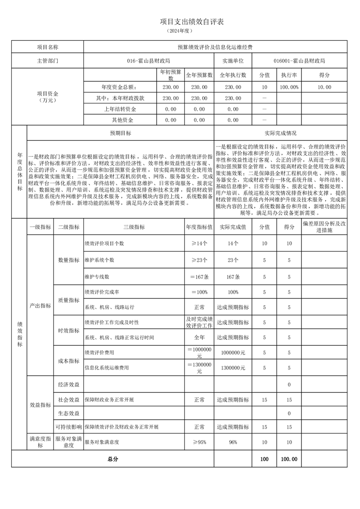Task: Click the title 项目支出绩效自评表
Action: pyautogui.click(x=180, y=21)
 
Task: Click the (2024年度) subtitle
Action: pyautogui.click(x=180, y=31)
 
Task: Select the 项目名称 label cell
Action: pyautogui.click(x=47, y=47)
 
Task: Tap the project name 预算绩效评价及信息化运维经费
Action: pyautogui.click(x=215, y=47)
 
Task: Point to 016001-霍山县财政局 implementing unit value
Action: pyautogui.click(x=299, y=60)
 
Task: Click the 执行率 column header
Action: pyautogui.click(x=289, y=75)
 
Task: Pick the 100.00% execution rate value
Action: pyautogui.click(x=289, y=87)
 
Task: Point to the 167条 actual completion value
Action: pyautogui.click(x=233, y=276)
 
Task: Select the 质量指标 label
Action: pyautogui.click(x=69, y=300)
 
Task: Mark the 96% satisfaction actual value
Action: pyautogui.click(x=233, y=442)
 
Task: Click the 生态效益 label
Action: pyautogui.click(x=69, y=413)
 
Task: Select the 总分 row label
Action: pyautogui.click(x=113, y=459)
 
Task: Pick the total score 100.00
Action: pyautogui.click(x=289, y=459)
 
